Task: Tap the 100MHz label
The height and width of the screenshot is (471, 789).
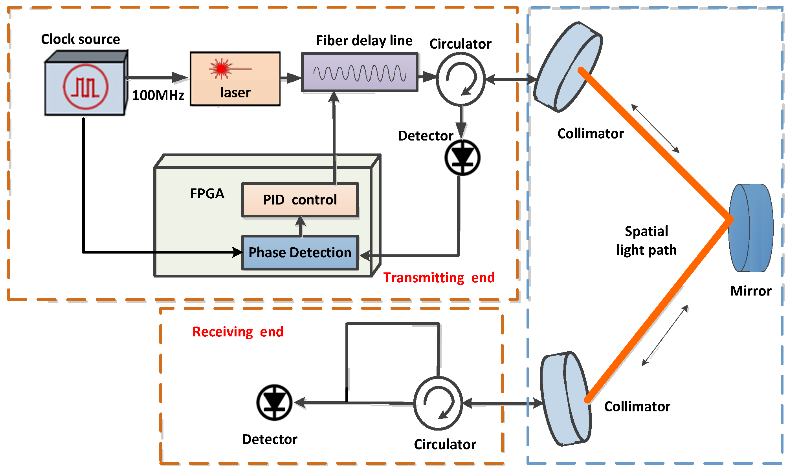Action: click(158, 95)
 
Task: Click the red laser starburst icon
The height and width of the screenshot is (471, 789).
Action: click(222, 69)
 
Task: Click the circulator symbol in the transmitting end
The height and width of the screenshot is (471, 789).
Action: click(461, 79)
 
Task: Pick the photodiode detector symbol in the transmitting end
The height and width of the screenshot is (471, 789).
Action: click(462, 158)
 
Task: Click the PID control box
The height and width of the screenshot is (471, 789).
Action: click(300, 200)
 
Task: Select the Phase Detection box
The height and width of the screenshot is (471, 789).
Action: click(300, 252)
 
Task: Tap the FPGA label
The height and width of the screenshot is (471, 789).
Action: click(207, 194)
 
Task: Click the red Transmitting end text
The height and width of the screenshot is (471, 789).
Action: click(439, 277)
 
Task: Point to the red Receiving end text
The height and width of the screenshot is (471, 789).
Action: click(238, 332)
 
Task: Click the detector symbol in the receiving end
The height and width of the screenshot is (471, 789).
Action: click(274, 402)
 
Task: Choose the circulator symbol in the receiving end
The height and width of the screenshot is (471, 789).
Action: click(438, 403)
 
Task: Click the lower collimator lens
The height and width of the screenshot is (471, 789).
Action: click(566, 398)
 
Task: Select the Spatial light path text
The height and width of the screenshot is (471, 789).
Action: click(646, 241)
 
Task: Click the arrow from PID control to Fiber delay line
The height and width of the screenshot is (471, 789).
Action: click(334, 137)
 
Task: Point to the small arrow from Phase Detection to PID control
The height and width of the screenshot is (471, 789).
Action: click(301, 226)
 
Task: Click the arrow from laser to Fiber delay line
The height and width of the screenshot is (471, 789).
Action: click(291, 78)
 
